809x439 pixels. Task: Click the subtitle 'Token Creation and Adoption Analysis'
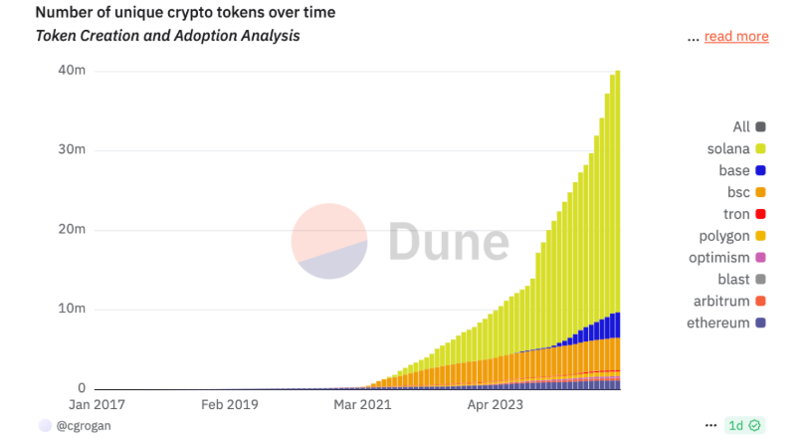pyautogui.click(x=167, y=36)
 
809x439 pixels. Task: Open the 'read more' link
pyautogui.click(x=736, y=37)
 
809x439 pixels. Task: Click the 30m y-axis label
pyautogui.click(x=72, y=150)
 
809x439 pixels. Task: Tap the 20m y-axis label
pyautogui.click(x=72, y=230)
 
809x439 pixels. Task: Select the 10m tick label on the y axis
pyautogui.click(x=72, y=310)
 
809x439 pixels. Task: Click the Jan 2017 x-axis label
pyautogui.click(x=97, y=405)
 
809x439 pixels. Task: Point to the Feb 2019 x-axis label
pyautogui.click(x=230, y=405)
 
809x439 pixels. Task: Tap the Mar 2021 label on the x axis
pyautogui.click(x=362, y=405)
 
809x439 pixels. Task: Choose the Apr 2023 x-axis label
pyautogui.click(x=496, y=405)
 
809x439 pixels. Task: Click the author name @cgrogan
pyautogui.click(x=84, y=426)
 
